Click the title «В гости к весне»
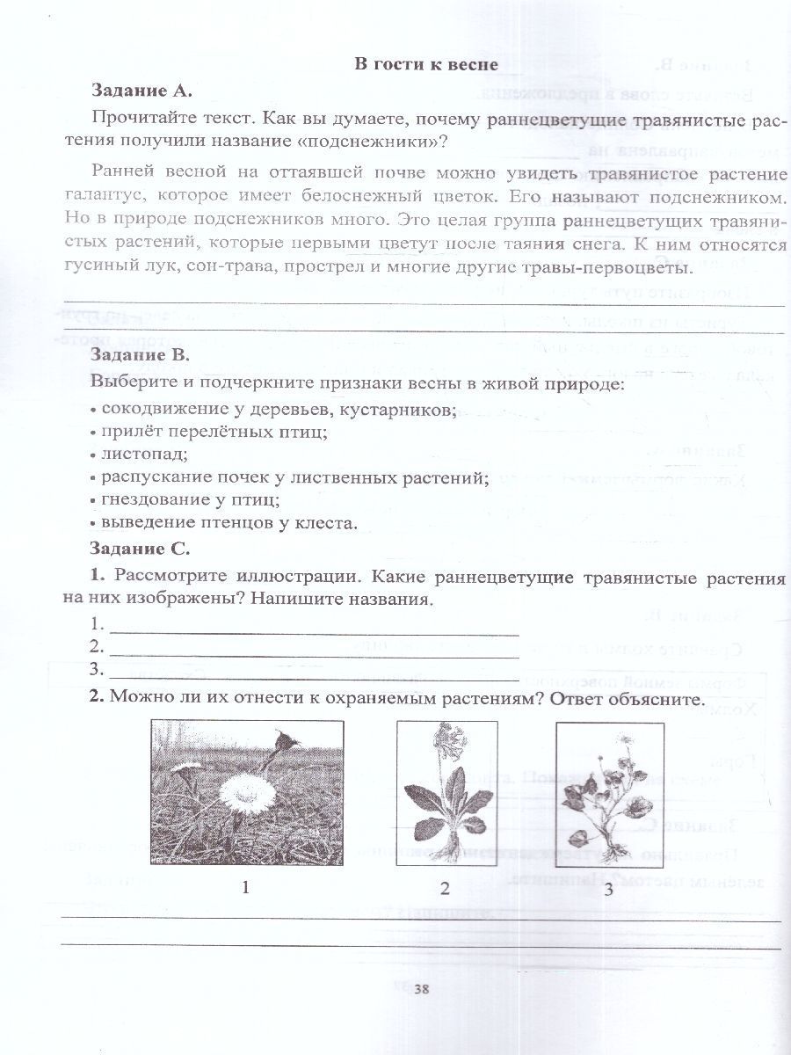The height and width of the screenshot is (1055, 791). (425, 64)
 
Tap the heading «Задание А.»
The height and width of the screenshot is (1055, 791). (141, 91)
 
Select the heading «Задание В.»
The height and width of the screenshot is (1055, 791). (141, 356)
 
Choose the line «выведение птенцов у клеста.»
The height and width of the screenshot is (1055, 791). (229, 524)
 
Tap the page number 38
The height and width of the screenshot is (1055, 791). (421, 990)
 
